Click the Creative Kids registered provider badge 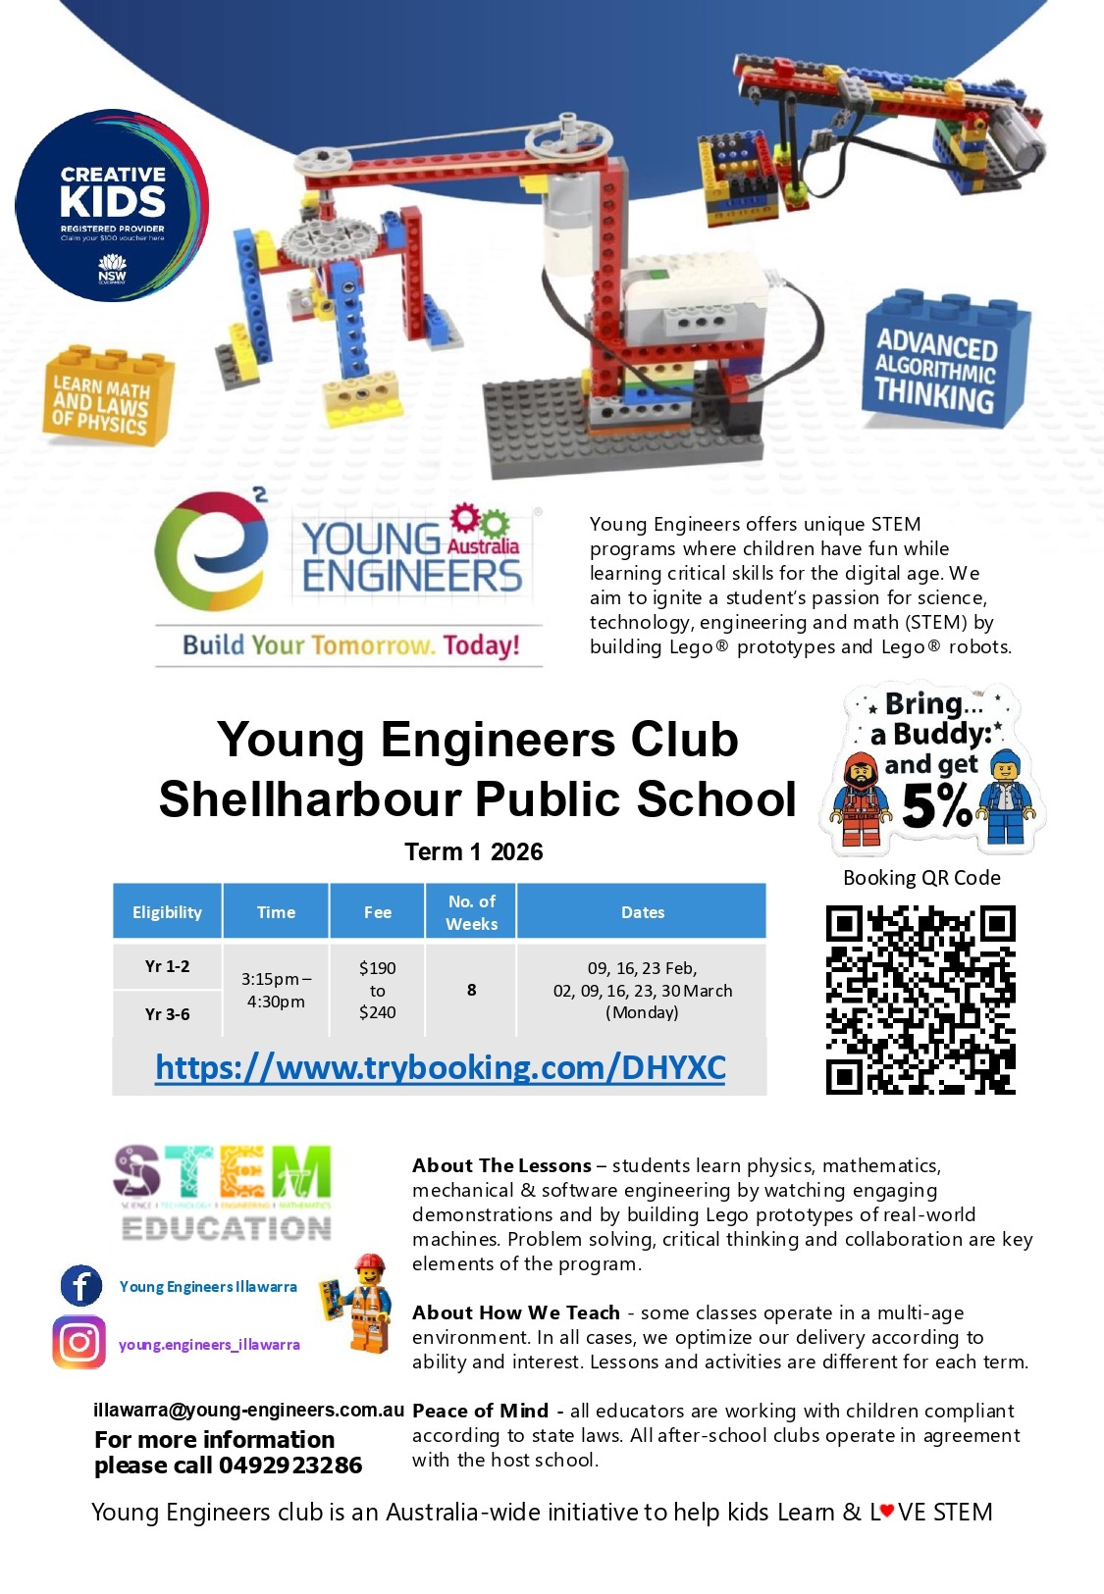(x=112, y=205)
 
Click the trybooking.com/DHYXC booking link (x=441, y=1067)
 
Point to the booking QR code (x=920, y=999)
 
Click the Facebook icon (x=80, y=1285)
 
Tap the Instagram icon (x=79, y=1342)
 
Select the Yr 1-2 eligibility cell (x=168, y=966)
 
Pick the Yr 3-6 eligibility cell (x=168, y=1014)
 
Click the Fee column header (x=377, y=912)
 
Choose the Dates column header (x=642, y=912)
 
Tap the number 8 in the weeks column (x=471, y=990)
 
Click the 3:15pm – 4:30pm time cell (x=276, y=990)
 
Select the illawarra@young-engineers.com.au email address (x=248, y=1411)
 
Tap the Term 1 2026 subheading (x=473, y=851)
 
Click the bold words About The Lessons (x=501, y=1165)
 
